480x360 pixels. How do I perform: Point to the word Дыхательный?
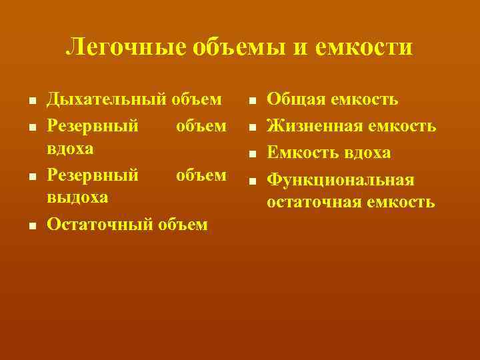pos(106,100)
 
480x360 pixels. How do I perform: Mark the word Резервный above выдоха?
pos(93,175)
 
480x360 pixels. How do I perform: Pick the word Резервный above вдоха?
pos(93,126)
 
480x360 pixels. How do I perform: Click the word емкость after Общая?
pos(364,100)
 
